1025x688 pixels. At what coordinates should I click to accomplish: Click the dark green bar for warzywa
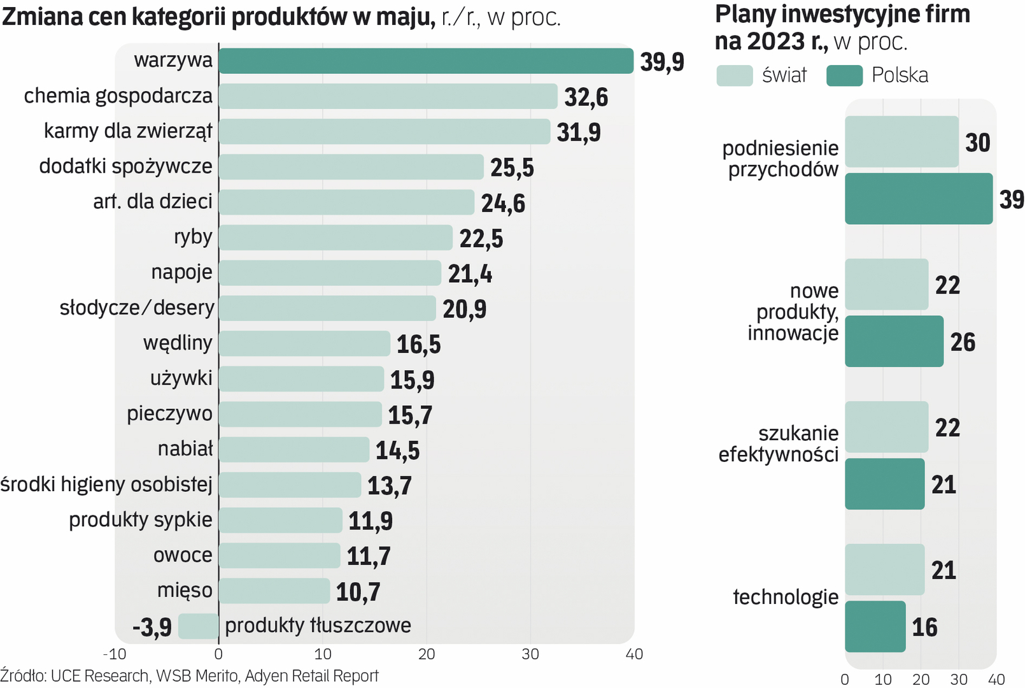coord(425,61)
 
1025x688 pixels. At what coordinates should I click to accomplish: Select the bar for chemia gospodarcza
coord(388,96)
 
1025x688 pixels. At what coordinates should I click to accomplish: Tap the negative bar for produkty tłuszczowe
coord(198,626)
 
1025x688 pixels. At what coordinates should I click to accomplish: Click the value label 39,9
coord(662,62)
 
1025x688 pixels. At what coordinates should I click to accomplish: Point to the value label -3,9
coord(152,627)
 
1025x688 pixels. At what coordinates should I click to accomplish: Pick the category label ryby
coord(193,237)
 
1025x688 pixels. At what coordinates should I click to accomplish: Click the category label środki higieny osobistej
coord(106,485)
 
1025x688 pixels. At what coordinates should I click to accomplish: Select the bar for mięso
coord(274,591)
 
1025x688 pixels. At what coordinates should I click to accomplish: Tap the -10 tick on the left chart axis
coord(115,654)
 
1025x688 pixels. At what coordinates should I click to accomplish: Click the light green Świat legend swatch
coord(734,75)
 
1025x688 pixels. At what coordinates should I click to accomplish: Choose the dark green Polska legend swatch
coord(844,75)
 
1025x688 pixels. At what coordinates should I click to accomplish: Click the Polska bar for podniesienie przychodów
coord(918,199)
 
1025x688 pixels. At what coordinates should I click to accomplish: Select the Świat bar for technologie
coord(884,570)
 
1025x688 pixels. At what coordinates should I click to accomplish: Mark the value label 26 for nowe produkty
coord(963,342)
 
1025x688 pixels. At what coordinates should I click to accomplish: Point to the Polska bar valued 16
coord(875,626)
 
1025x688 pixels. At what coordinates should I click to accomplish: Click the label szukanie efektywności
coord(779,444)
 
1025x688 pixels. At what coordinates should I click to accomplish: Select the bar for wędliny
coord(304,344)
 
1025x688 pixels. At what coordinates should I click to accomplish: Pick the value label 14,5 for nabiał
coord(397,451)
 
